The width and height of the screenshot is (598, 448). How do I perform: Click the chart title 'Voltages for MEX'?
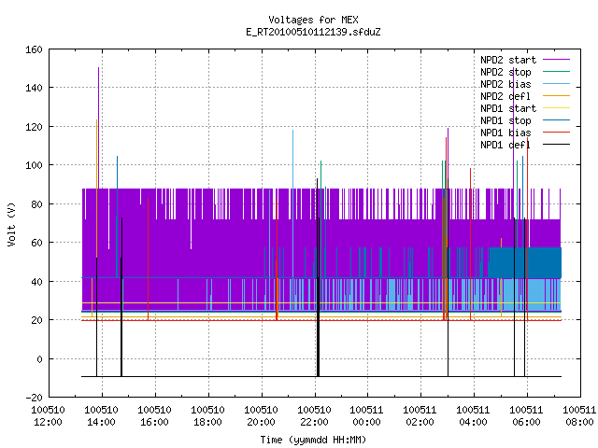tap(313, 20)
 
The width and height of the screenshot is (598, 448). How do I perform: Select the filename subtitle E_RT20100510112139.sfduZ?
tap(313, 32)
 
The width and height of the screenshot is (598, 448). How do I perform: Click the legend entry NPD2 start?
tap(508, 60)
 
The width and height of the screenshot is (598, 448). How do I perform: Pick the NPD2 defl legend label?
tap(505, 96)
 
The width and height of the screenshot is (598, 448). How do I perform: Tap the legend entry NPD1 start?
tap(508, 108)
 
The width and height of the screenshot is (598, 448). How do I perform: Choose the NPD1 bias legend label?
tap(505, 133)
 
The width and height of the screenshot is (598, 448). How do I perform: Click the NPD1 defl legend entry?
tap(505, 146)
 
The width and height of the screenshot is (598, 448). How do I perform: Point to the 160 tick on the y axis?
tap(34, 49)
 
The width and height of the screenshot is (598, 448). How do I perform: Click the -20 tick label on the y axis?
tap(34, 398)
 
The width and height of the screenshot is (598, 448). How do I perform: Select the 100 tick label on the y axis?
tap(34, 165)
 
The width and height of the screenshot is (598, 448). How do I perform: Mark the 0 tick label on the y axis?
tap(39, 358)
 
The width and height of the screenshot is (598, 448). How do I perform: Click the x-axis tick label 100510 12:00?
tap(48, 416)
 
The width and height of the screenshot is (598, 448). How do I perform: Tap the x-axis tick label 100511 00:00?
tap(366, 416)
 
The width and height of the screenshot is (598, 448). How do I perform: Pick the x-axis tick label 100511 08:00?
tap(579, 416)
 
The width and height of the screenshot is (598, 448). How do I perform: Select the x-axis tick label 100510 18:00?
tap(207, 416)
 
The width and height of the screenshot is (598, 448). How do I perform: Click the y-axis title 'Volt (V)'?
tap(12, 224)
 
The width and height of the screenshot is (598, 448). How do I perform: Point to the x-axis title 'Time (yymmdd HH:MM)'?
tap(313, 440)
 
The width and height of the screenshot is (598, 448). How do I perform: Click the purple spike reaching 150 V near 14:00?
tap(98, 128)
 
